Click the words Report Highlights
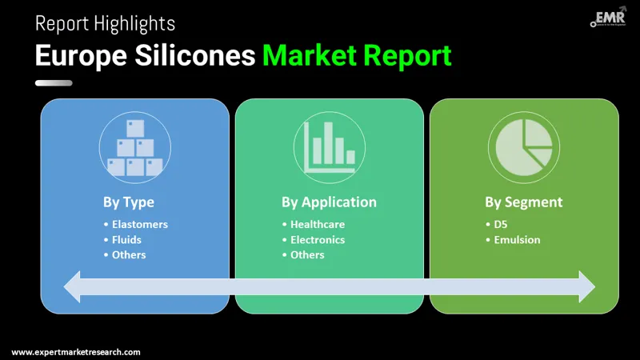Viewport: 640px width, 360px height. [105, 23]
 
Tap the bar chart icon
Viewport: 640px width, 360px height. [329, 146]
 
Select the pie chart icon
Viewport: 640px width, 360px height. [523, 146]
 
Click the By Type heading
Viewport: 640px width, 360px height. [128, 202]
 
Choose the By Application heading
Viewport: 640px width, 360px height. [329, 202]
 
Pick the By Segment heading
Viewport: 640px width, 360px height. [523, 202]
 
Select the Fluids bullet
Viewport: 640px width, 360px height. [128, 239]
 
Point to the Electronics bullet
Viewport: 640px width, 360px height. [318, 239]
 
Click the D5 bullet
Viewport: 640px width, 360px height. [501, 224]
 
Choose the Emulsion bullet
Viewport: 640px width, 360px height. [517, 239]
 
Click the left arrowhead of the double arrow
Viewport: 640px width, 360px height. [74, 286]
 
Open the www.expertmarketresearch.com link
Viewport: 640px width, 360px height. [76, 352]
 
